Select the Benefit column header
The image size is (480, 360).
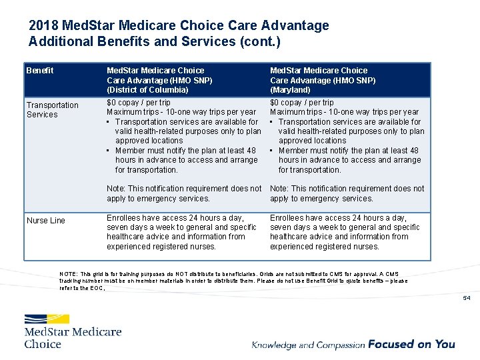39,71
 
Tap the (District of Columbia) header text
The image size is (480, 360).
147,89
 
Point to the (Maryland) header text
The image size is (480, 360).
290,89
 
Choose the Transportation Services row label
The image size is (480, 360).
52,110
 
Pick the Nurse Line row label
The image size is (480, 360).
46,221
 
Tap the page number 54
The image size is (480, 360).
467,298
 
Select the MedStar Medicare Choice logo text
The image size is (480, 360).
73,337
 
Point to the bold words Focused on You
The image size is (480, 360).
411,344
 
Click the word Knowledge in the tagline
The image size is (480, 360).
274,345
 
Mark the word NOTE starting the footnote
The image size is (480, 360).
68,274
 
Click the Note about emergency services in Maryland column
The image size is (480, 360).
347,193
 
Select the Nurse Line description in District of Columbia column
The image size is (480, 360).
181,232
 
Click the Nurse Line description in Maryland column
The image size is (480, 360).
345,232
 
